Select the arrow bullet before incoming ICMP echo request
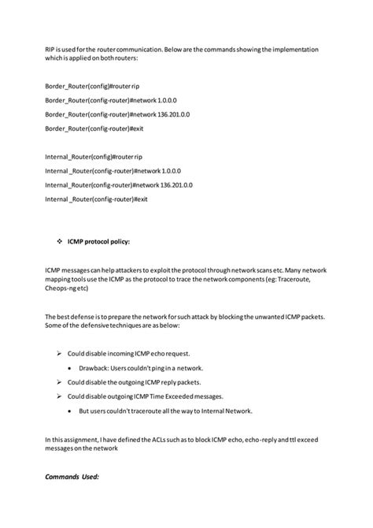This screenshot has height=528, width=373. [61, 354]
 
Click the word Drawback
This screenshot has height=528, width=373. [95, 368]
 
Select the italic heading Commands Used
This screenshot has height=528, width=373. [72, 477]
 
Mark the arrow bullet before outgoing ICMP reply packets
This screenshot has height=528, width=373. [61, 382]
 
